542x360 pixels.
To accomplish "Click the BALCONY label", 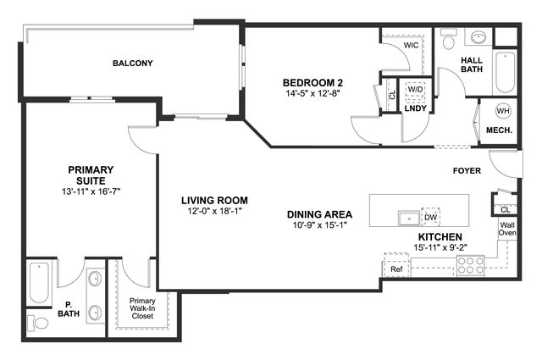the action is point(132,64).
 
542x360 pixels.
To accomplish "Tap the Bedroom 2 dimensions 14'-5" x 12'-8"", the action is point(313,93).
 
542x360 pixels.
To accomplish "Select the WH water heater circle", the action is point(503,111).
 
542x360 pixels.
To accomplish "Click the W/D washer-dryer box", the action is point(415,90).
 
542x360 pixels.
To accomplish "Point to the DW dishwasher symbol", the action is point(431,217).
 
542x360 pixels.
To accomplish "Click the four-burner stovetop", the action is point(471,266).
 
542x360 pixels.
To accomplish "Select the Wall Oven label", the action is point(507,229).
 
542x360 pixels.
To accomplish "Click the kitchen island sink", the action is point(409,219).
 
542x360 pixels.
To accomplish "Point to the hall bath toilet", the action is point(449,39).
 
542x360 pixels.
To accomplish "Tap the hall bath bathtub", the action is point(506,72).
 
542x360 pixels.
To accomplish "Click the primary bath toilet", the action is point(38,323).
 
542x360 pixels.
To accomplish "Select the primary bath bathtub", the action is point(39,283).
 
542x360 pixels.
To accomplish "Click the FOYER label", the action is point(467,171).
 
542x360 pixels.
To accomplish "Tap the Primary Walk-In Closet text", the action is point(142,308).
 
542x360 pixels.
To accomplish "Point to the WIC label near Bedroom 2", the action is point(411,45).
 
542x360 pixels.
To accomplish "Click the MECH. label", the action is point(499,130).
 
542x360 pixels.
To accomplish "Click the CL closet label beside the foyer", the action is point(505,209).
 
